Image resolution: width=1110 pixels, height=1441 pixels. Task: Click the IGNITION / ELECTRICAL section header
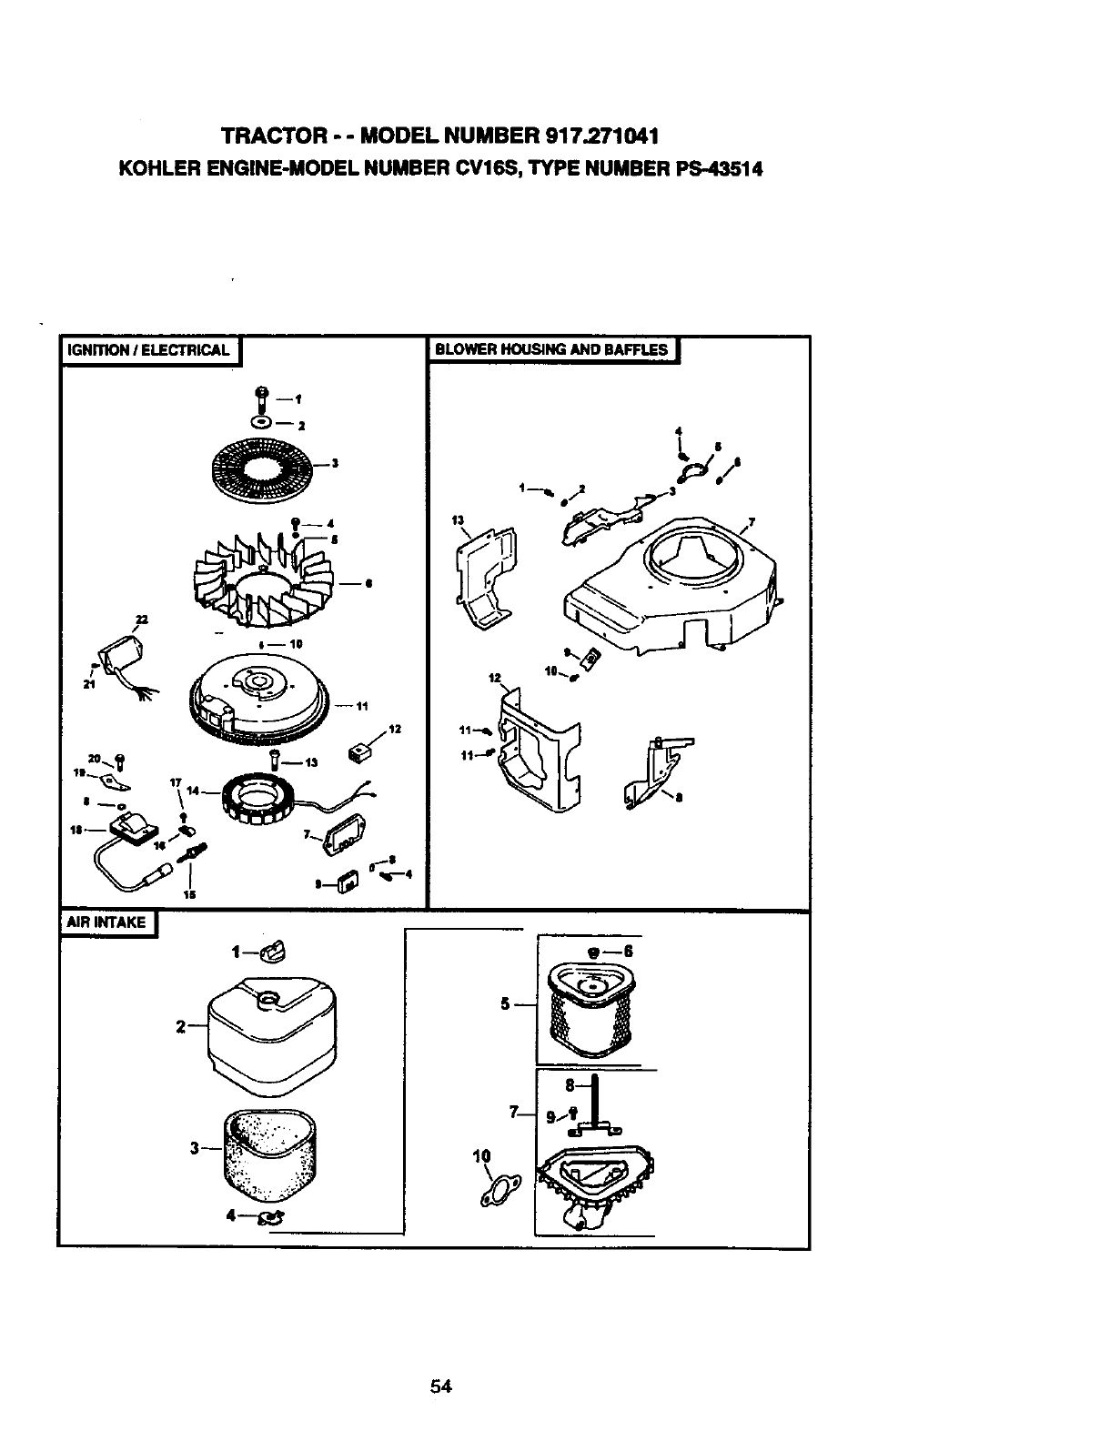(x=149, y=350)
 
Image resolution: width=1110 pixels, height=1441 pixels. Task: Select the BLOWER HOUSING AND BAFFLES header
(x=551, y=349)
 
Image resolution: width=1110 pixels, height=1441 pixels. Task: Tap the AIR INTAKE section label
(x=107, y=922)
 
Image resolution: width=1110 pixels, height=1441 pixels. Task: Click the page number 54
(x=442, y=1386)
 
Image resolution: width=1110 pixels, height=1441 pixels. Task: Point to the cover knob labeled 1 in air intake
(x=271, y=952)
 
